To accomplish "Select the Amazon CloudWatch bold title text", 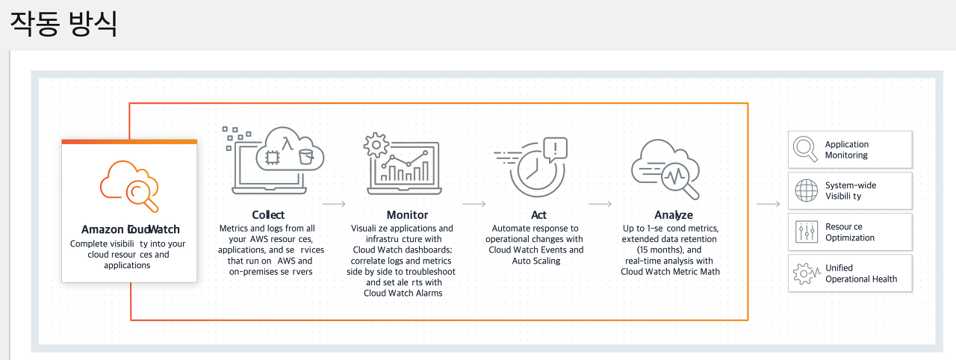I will [x=130, y=229].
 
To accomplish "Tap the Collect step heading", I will [x=268, y=215].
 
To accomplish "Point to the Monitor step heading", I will [x=407, y=215].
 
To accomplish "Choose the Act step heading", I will [x=538, y=215].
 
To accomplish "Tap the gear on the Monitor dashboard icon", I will [x=375, y=143].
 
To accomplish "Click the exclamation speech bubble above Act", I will [x=556, y=148].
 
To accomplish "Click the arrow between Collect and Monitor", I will [x=333, y=203].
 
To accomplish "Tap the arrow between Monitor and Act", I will [x=474, y=203].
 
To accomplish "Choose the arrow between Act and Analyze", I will [x=600, y=203].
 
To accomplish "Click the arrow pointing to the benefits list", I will [x=768, y=203].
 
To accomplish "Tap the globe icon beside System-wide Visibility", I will [x=806, y=191].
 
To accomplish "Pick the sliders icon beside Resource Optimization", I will [x=806, y=232].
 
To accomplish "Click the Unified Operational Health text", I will [x=860, y=273].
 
